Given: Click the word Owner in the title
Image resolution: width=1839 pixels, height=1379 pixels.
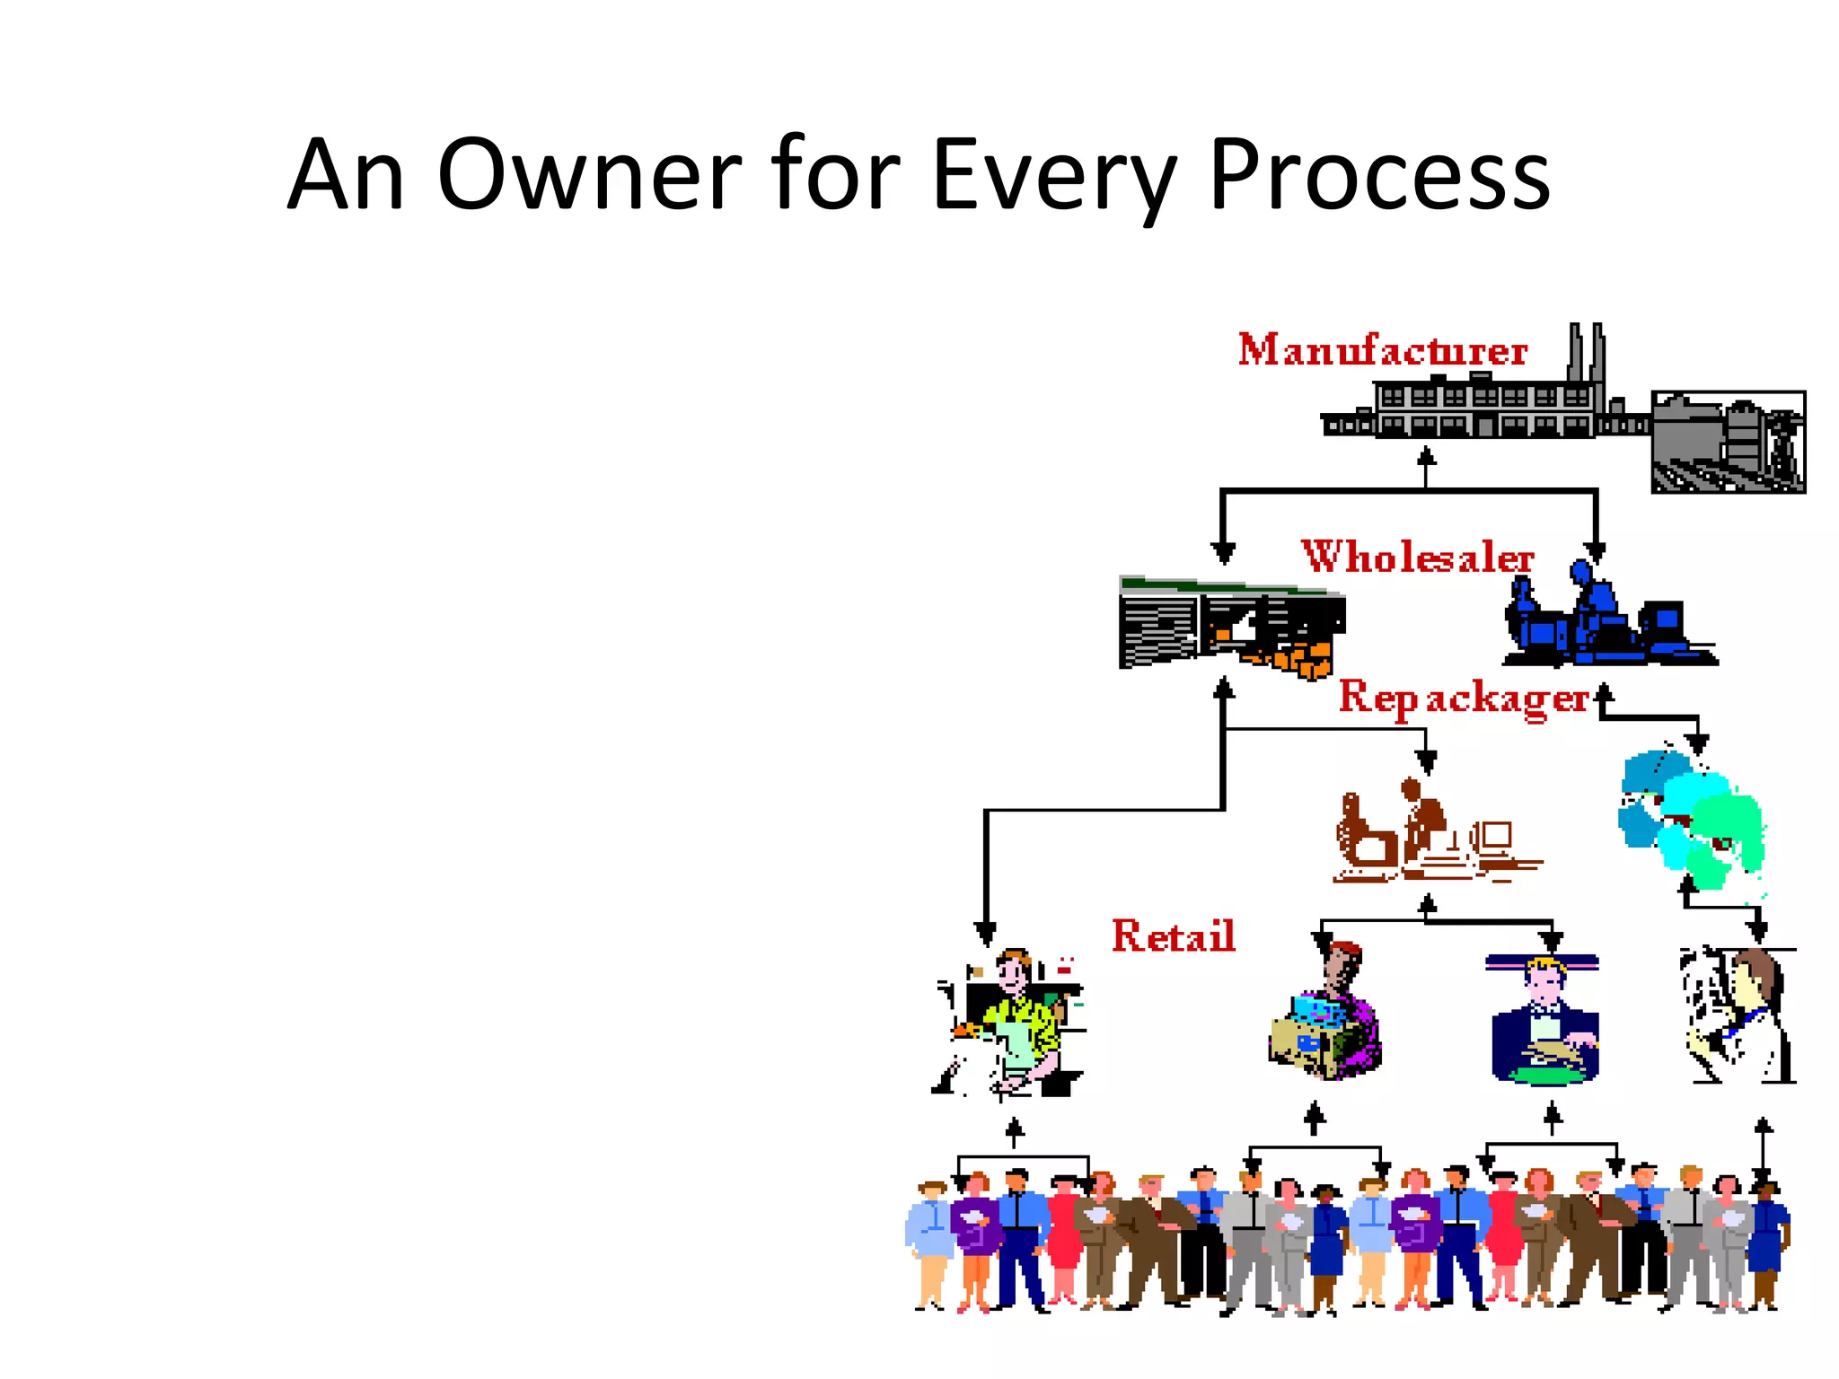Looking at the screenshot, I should (589, 175).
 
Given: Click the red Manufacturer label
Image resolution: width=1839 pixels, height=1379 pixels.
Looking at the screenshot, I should (1382, 350).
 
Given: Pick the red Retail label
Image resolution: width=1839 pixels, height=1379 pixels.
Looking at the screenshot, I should (1173, 936).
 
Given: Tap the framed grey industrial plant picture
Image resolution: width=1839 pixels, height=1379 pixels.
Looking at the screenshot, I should (1728, 442).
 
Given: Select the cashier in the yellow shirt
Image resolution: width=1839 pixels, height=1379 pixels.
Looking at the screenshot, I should (1015, 1023).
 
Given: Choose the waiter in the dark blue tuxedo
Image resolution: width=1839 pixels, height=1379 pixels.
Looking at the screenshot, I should (1544, 1023).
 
